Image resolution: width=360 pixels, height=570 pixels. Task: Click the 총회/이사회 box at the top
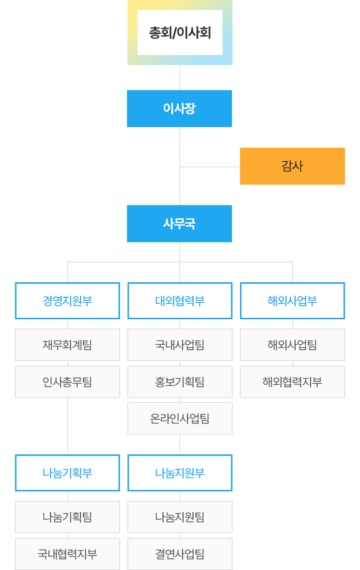click(x=180, y=33)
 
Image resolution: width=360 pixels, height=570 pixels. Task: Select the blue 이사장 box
click(x=179, y=108)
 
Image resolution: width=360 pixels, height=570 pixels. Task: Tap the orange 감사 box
click(x=292, y=166)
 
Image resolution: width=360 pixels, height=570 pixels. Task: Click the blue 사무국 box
click(x=179, y=224)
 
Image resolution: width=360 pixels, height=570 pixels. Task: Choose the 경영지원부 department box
click(x=67, y=301)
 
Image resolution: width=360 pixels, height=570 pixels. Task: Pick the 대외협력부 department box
click(x=180, y=301)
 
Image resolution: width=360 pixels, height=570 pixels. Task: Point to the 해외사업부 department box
click(x=292, y=301)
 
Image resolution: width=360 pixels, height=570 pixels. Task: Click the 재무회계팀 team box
click(x=67, y=345)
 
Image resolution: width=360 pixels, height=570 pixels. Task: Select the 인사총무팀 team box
click(x=67, y=382)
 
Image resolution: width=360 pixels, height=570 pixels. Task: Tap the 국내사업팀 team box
click(x=180, y=345)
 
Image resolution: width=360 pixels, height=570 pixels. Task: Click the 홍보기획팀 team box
click(x=180, y=382)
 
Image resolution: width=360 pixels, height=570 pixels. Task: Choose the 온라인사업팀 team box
click(x=180, y=418)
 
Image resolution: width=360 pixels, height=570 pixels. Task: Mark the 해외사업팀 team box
click(x=292, y=345)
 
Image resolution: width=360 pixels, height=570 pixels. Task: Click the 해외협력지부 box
click(x=292, y=382)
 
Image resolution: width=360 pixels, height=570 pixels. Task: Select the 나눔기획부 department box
click(x=67, y=473)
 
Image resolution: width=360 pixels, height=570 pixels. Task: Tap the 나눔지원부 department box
click(x=180, y=473)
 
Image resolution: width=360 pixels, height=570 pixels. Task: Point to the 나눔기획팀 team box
click(x=67, y=517)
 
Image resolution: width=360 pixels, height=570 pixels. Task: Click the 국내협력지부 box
click(x=67, y=554)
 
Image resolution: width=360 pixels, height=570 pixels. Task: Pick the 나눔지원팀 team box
click(x=180, y=517)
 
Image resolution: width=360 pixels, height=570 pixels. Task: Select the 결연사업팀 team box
click(x=180, y=554)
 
